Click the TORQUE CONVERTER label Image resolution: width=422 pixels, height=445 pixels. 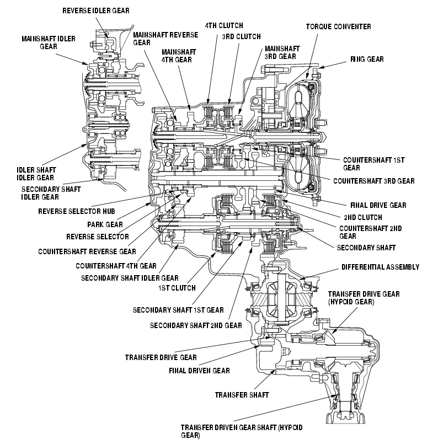[x=339, y=26]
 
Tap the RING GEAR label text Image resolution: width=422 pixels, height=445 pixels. [x=367, y=58]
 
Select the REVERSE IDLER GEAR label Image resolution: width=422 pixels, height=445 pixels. [x=93, y=10]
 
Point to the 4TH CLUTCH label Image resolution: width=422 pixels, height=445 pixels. [x=224, y=26]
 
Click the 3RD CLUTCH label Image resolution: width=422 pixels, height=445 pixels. [x=241, y=37]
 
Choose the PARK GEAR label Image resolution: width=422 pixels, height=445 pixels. [x=105, y=225]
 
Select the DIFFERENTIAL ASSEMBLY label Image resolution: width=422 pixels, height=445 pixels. [x=380, y=267]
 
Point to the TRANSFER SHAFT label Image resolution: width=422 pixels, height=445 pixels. [x=242, y=395]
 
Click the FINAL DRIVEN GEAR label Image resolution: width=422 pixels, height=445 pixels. [x=199, y=371]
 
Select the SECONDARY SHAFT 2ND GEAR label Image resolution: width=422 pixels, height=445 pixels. [x=196, y=325]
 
